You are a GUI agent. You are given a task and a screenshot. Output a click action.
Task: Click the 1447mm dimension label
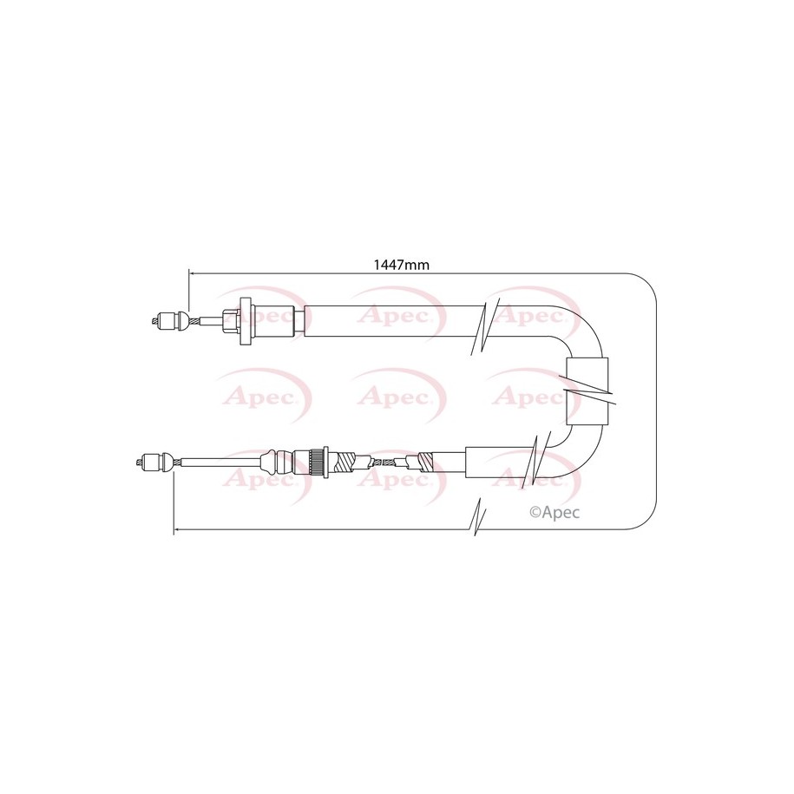coord(401,265)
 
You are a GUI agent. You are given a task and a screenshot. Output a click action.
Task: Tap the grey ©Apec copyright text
coord(554,513)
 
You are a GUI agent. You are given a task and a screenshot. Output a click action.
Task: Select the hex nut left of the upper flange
coord(232,321)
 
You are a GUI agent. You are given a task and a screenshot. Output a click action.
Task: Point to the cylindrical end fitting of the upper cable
coord(166,320)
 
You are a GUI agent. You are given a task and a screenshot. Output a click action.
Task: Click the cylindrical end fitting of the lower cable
coord(151,463)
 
